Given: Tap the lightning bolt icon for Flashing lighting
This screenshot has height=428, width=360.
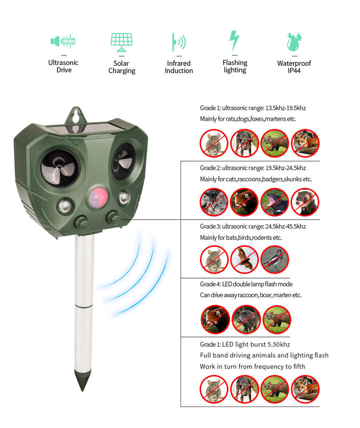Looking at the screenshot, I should click(x=234, y=41).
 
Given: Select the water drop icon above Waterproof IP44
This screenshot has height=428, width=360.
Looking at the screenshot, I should click(x=293, y=42).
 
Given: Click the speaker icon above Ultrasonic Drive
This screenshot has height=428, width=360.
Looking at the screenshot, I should click(x=63, y=41).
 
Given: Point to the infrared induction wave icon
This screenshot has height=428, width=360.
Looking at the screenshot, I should click(x=178, y=42).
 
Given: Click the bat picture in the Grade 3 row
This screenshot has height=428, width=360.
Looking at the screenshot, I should click(x=244, y=259).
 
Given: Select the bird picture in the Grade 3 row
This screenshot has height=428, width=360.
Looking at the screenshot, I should click(x=274, y=259).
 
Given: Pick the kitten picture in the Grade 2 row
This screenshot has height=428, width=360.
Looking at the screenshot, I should click(x=214, y=202).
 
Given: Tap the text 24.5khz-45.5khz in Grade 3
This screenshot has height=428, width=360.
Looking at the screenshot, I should click(x=280, y=226).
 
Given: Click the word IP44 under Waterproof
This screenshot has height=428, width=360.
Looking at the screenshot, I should click(x=294, y=71).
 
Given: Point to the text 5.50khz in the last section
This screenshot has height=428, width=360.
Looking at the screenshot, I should click(x=276, y=344).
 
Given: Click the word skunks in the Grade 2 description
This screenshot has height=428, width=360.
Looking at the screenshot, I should click(x=293, y=179).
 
